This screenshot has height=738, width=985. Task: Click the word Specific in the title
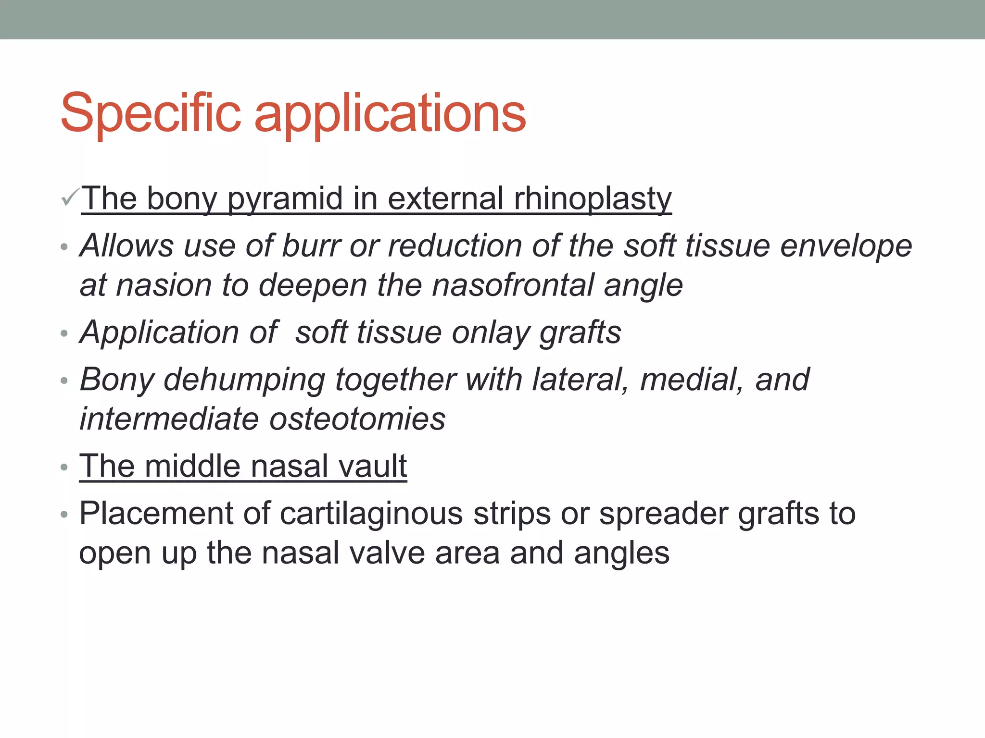coord(151,113)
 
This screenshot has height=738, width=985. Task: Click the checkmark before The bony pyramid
coord(70,197)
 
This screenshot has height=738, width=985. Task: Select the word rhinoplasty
coord(593,199)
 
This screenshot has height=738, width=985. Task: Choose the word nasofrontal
coord(513,285)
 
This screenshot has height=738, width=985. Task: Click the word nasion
coord(164,286)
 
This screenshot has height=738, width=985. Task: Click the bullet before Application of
coord(64,333)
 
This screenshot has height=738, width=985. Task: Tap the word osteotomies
coord(357,419)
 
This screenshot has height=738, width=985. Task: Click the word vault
coord(372,466)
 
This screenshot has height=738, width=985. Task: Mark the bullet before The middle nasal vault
coord(64,467)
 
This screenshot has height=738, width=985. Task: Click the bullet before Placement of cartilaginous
coord(64,515)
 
